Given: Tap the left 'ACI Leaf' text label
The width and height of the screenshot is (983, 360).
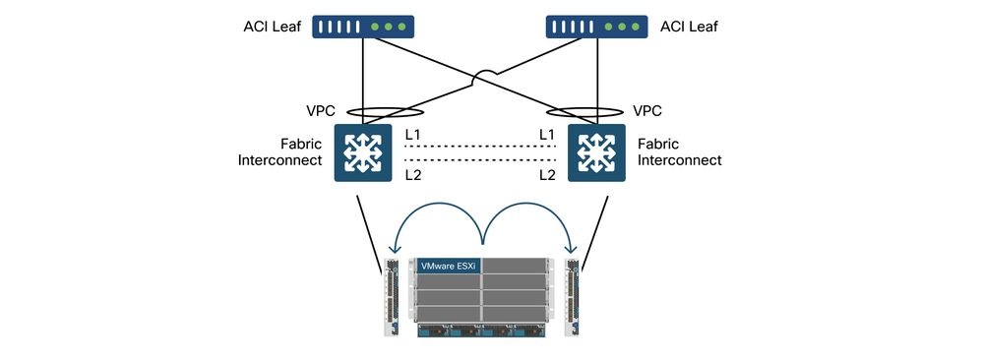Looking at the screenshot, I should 273,27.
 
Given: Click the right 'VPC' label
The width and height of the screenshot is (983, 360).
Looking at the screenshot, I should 646,111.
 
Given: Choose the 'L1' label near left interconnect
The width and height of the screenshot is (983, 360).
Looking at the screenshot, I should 413,133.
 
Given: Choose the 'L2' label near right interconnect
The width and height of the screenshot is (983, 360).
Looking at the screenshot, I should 546,174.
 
